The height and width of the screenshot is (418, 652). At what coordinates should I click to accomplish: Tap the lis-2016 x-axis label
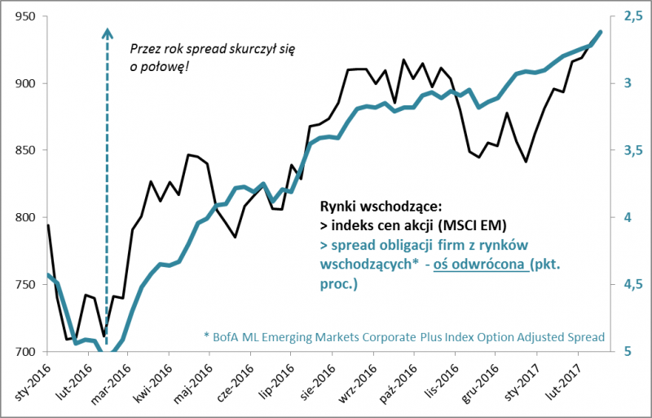tap(440, 382)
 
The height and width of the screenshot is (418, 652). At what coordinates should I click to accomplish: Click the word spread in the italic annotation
tap(215, 49)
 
